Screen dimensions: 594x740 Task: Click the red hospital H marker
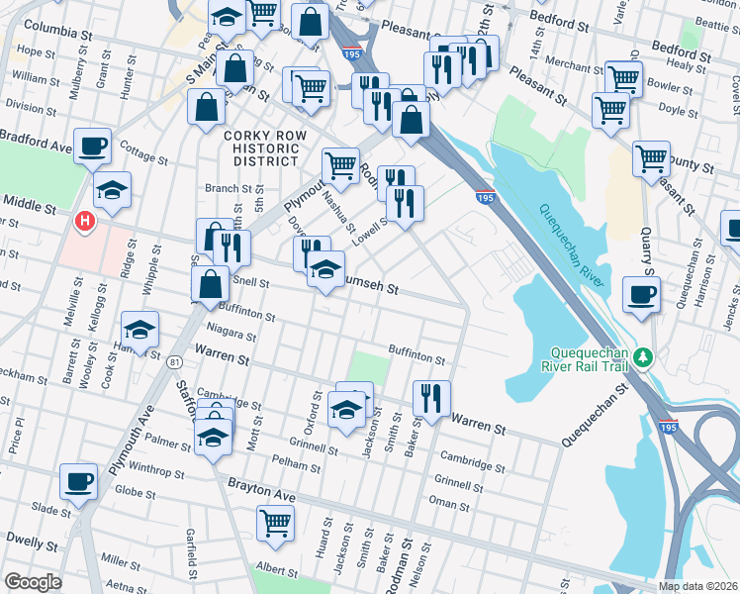86,220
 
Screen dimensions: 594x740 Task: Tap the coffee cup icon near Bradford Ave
92,147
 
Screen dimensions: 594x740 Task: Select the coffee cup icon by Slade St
78,482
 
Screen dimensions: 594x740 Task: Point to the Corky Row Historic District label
261,148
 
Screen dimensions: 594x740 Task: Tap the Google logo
33,582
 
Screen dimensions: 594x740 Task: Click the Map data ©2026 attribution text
697,586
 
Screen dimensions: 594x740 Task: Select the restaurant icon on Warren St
431,399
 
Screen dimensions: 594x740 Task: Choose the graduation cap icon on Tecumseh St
325,269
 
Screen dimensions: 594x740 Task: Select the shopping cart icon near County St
651,158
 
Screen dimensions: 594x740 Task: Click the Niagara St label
231,334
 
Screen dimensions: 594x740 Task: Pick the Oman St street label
449,504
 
